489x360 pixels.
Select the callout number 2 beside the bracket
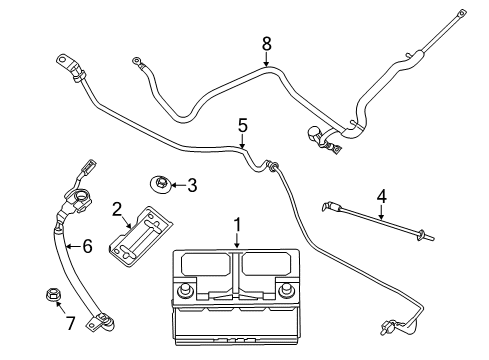117,208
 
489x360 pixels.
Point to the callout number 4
380,195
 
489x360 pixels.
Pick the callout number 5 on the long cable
242,125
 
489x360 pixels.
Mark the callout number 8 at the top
267,44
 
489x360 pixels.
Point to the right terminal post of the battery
288,291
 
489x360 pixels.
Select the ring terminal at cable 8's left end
137,63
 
